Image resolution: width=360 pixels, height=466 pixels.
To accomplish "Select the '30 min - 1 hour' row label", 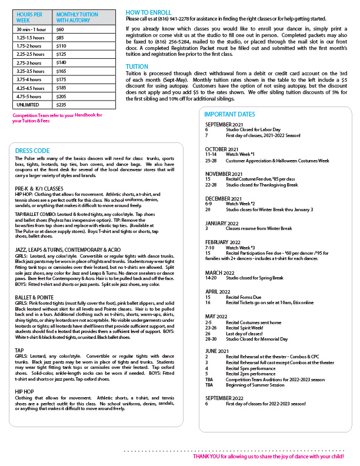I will pos(31,29).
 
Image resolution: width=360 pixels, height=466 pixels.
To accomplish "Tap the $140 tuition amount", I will pos(61,62).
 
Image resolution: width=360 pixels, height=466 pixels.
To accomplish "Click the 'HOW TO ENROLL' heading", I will pos(149,12).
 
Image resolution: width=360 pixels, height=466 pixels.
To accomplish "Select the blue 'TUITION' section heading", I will pos(137,67).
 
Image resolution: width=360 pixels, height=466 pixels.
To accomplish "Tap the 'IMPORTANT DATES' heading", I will pos(231,114).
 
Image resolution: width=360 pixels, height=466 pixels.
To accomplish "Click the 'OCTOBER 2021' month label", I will pos(222,149).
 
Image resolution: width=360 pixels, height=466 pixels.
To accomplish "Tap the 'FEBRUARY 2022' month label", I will pos(223,242).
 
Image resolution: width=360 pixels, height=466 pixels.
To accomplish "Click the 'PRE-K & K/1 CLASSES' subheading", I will pos(39,188).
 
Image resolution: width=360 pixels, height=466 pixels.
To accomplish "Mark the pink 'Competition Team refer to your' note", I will pos(43,115).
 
